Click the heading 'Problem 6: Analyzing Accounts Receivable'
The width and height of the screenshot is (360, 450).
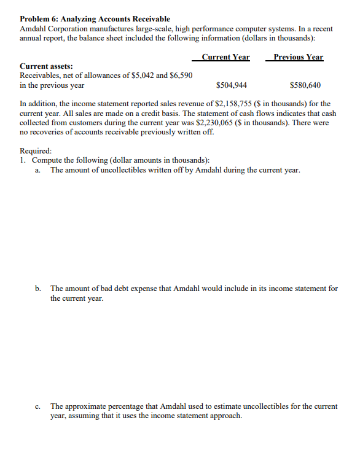95,20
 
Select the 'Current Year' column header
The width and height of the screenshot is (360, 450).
225,57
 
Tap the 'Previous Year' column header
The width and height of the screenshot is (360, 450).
298,57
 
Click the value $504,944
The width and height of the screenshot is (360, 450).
232,85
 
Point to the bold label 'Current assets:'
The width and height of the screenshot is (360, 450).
46,66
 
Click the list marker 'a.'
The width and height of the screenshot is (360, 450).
39,170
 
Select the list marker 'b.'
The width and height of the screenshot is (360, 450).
39,288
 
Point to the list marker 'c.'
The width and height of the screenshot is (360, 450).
39,406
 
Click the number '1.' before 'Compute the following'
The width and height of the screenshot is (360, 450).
23,160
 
